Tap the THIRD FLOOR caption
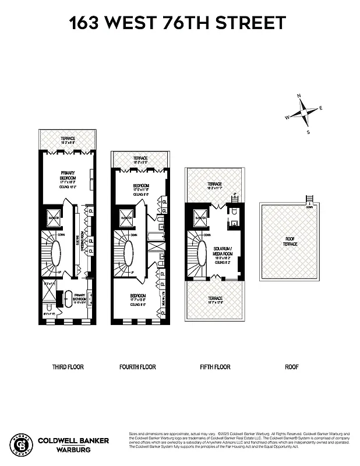[68, 367]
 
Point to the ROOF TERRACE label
[290, 241]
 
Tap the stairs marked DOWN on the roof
[309, 200]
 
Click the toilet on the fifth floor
[233, 222]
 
